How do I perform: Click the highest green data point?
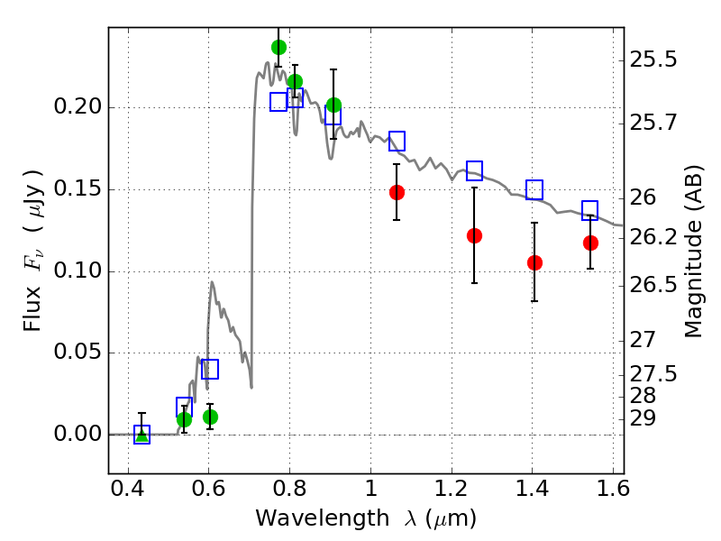click(x=278, y=47)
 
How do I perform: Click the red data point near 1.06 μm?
click(x=397, y=192)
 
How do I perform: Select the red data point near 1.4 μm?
click(x=534, y=262)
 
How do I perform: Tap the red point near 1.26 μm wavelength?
click(x=474, y=235)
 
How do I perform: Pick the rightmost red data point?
click(x=590, y=243)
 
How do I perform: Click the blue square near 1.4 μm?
click(x=534, y=189)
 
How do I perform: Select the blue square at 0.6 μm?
click(x=210, y=369)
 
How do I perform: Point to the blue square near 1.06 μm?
click(x=397, y=141)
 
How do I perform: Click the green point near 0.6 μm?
click(x=210, y=417)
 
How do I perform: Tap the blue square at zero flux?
click(x=141, y=435)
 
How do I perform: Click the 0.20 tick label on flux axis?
click(x=79, y=108)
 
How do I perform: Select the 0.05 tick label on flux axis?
click(x=79, y=353)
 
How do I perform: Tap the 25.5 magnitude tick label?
click(x=654, y=60)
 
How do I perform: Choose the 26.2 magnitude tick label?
click(x=654, y=237)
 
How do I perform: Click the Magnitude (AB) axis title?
click(x=693, y=256)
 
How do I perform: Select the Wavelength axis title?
click(x=365, y=519)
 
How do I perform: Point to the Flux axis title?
click(x=33, y=237)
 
